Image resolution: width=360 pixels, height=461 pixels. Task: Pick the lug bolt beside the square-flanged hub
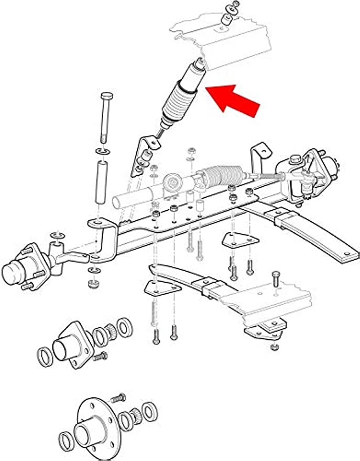[x=100, y=357]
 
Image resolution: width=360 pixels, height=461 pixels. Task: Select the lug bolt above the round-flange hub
[x=119, y=397]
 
